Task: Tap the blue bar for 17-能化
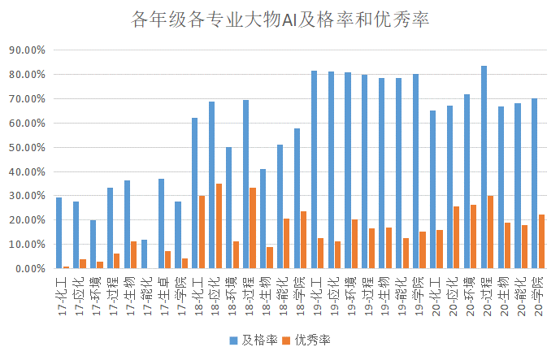[x=144, y=254]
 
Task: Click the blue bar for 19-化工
[x=314, y=170]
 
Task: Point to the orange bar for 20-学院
[x=541, y=241]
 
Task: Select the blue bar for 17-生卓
[x=161, y=223]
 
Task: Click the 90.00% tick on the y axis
[x=27, y=50]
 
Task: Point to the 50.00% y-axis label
[x=27, y=147]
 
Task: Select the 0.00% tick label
[x=29, y=268]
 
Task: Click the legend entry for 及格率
[x=254, y=339]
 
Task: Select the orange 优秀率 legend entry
[x=310, y=339]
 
